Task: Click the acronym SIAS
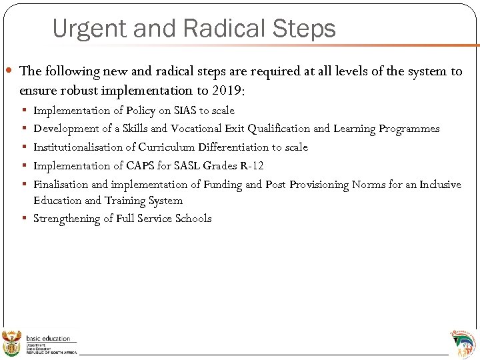(185, 111)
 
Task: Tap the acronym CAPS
(140, 166)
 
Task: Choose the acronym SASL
(187, 166)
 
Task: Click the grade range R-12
(251, 166)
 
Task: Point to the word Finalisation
(61, 185)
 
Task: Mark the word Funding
(223, 185)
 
